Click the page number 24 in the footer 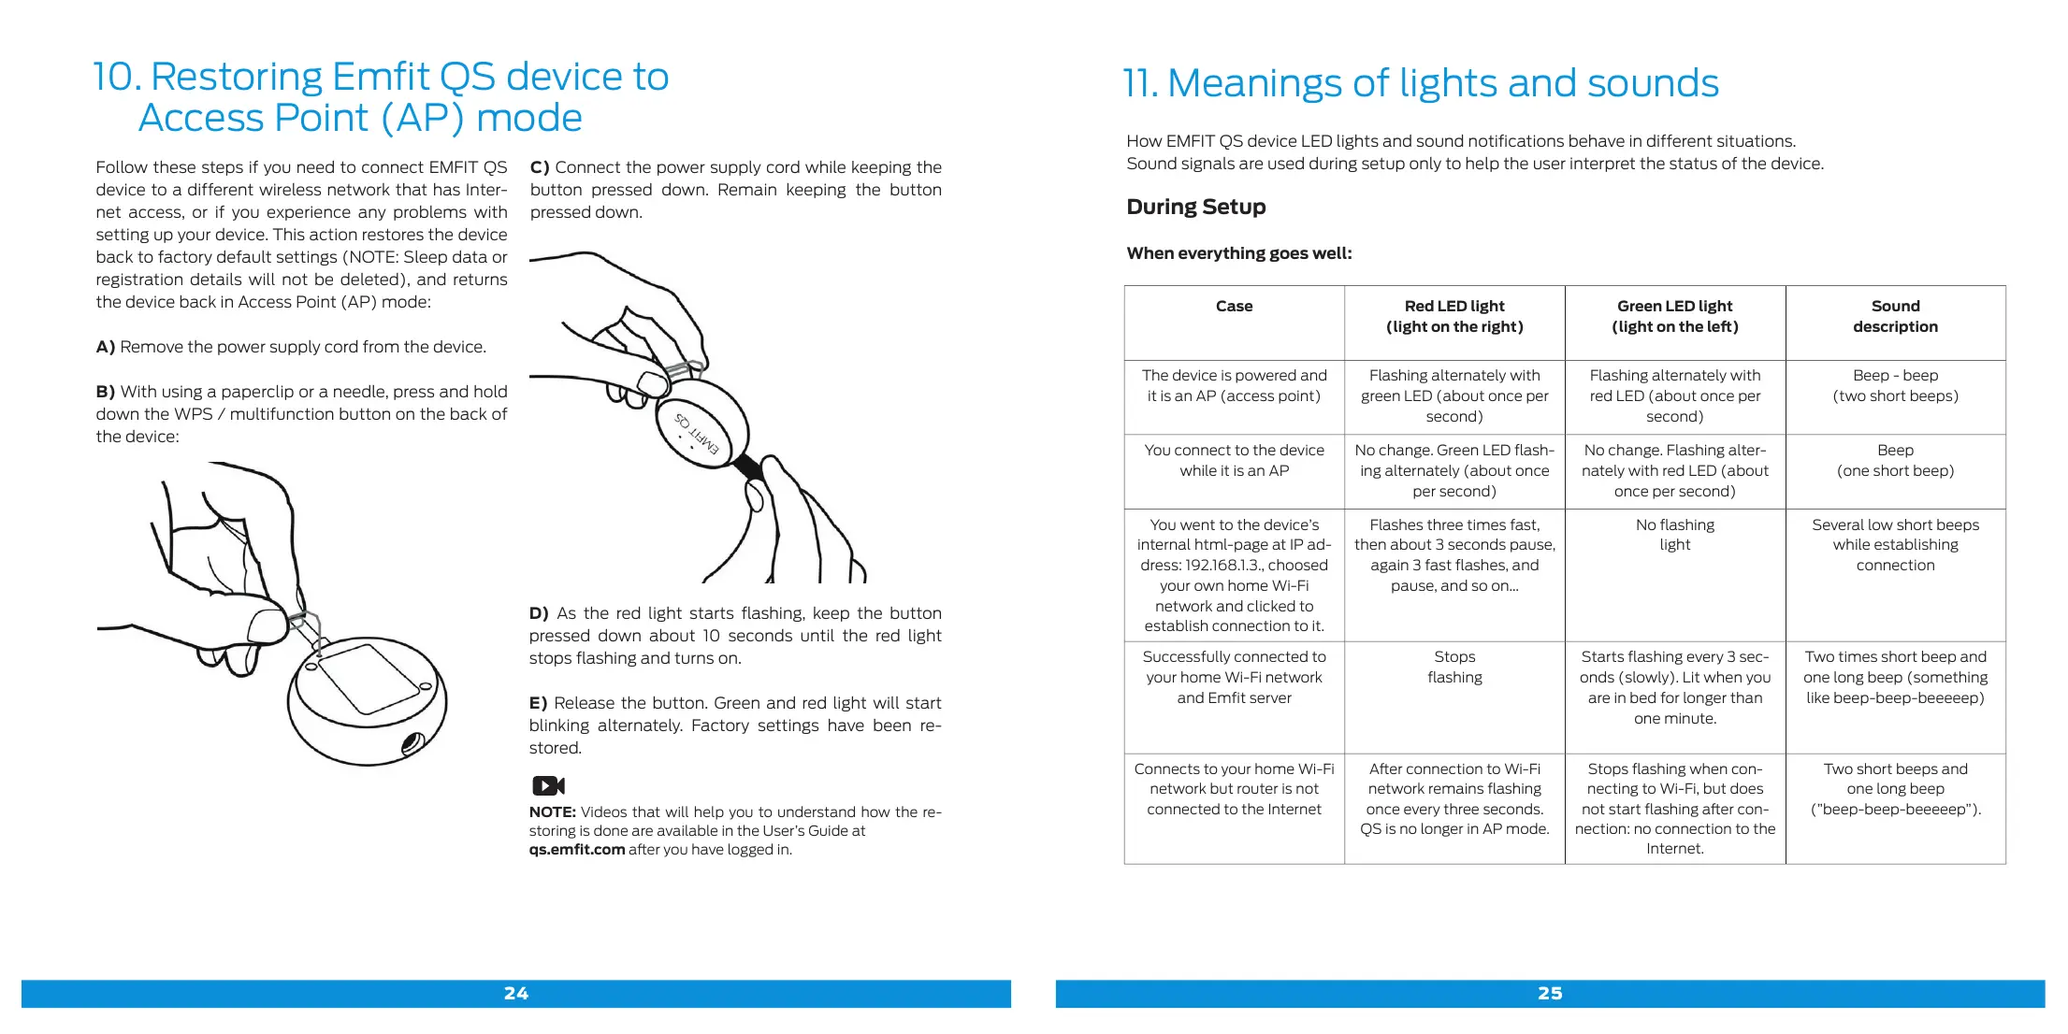point(515,993)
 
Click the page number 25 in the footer point(1550,993)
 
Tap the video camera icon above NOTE point(548,785)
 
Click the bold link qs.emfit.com point(576,849)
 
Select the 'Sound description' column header point(1895,316)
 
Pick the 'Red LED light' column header point(1454,316)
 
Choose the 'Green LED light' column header point(1674,316)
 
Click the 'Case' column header point(1234,306)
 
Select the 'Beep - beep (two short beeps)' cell point(1895,385)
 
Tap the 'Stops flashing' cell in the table point(1454,667)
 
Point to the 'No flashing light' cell point(1674,535)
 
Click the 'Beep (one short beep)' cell point(1895,460)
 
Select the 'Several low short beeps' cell point(1895,544)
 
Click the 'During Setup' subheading point(1195,207)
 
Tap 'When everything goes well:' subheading point(1238,253)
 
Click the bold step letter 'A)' point(106,347)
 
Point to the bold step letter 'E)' point(538,703)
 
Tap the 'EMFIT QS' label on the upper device point(697,434)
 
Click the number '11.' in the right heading point(1140,84)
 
